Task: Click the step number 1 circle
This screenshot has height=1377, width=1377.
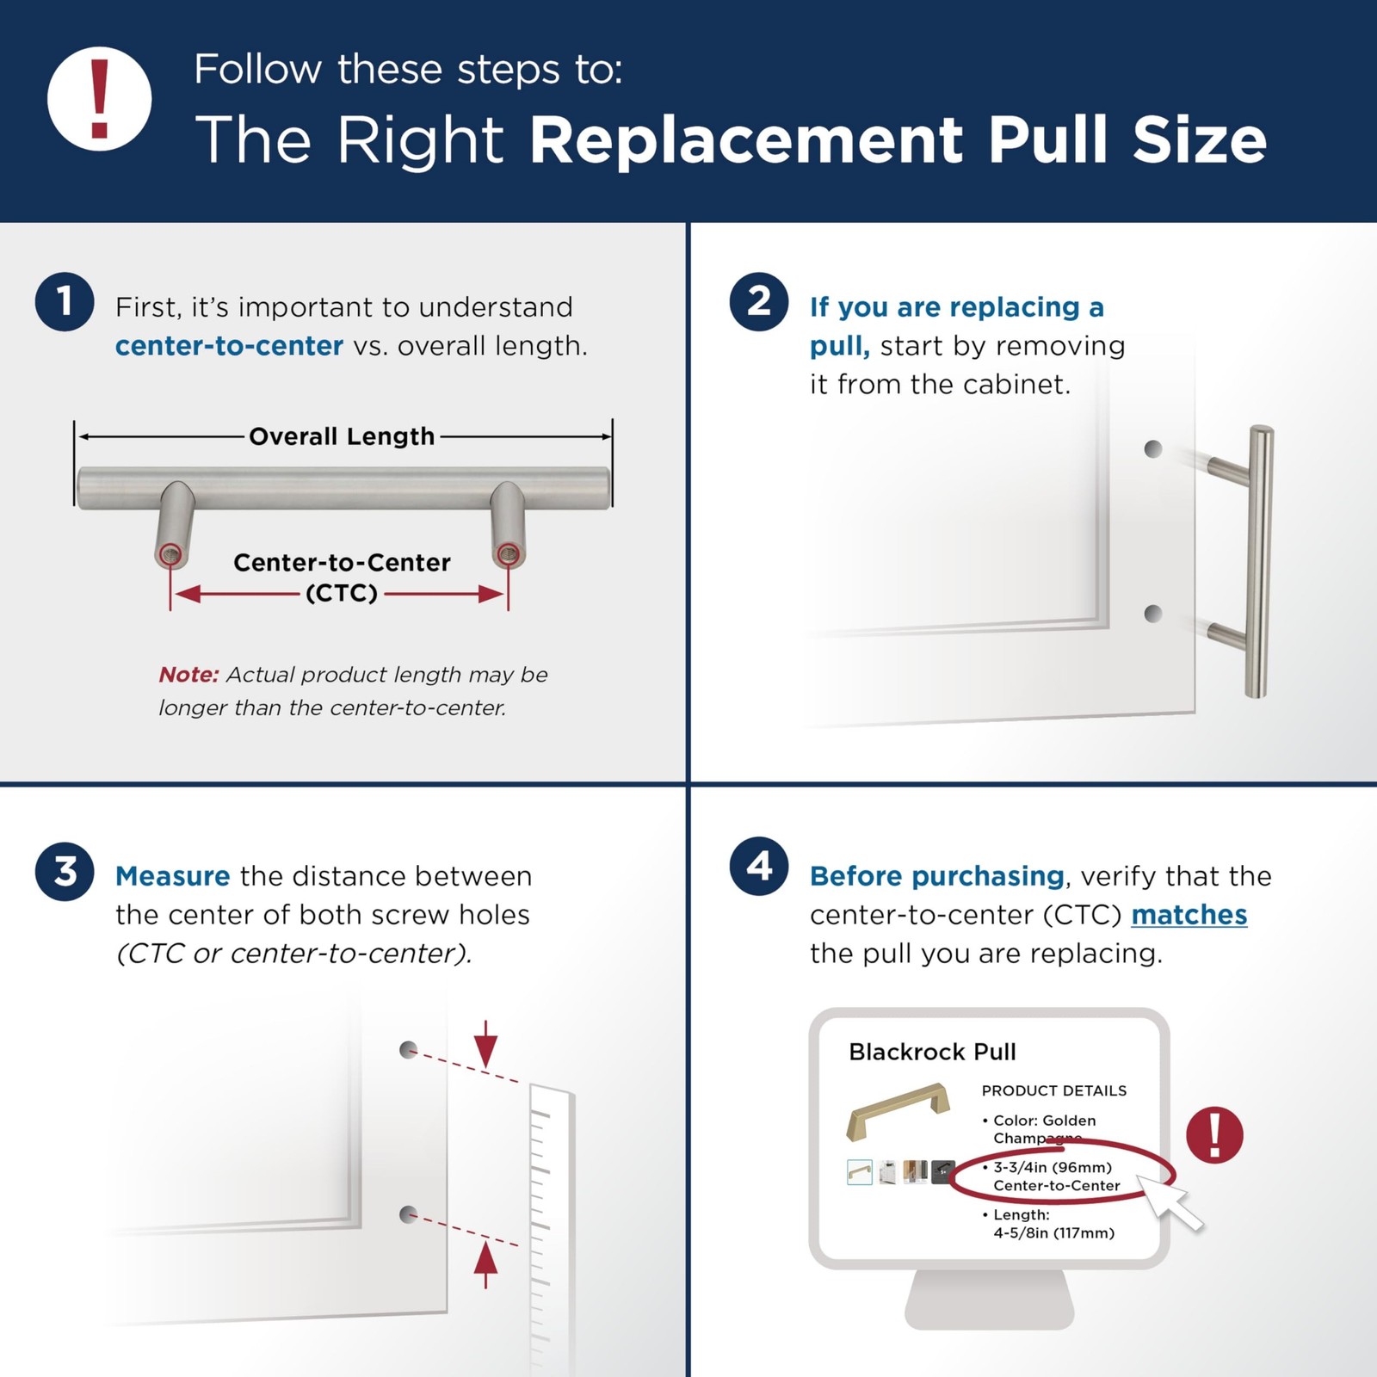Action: pos(65,302)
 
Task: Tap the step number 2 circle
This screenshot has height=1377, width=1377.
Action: pos(759,302)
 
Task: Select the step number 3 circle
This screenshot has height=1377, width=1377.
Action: pos(65,871)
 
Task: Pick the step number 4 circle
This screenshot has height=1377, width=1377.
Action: pos(759,867)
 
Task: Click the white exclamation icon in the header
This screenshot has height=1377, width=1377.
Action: pos(100,99)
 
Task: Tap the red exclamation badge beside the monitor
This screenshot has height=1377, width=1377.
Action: pos(1214,1135)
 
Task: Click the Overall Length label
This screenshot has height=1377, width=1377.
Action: pos(342,436)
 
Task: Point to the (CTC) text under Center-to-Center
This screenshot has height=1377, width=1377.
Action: pos(342,593)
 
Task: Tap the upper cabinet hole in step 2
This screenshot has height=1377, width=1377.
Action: pos(1153,448)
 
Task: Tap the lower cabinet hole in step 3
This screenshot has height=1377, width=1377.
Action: pos(409,1214)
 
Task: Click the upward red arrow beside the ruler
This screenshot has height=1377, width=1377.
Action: pos(486,1264)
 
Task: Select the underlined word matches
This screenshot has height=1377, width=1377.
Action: pos(1189,915)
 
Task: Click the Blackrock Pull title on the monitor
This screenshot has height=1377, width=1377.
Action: pos(932,1052)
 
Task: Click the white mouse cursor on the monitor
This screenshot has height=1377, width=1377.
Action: pos(1171,1201)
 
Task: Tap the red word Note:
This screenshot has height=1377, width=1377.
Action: pos(188,675)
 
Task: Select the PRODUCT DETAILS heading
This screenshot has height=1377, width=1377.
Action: pos(1054,1090)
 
